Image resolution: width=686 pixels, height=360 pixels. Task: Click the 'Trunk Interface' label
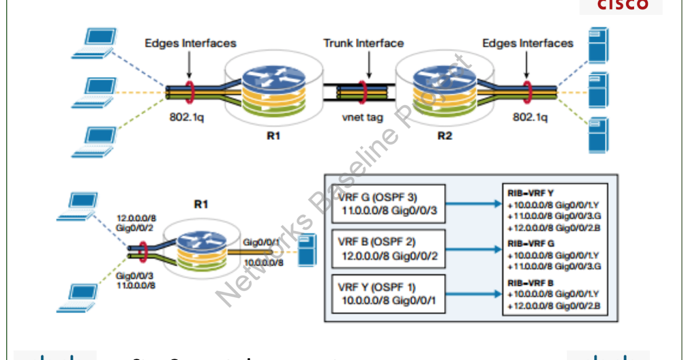pos(363,43)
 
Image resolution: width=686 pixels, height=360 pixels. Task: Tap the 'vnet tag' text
pos(363,117)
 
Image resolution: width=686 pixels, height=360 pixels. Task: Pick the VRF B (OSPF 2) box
pos(388,249)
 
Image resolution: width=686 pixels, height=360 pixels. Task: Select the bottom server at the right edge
pos(598,134)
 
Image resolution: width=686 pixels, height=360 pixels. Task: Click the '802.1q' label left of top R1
pos(188,117)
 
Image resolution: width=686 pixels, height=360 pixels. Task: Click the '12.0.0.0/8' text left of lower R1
pos(135,219)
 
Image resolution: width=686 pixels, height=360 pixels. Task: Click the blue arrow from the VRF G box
pos(473,203)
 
